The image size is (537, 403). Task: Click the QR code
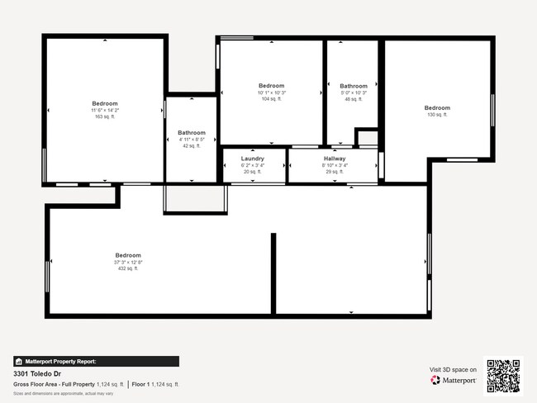pos(503,376)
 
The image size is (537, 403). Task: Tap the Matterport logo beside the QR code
pos(454,381)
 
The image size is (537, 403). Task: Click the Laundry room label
pos(253,159)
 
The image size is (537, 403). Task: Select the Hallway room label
pos(335,159)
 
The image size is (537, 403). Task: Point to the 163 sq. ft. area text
pos(105,116)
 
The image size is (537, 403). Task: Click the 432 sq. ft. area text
pos(128,268)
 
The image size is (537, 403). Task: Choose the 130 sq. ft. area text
pos(437,115)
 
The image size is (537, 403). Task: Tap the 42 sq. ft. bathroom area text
pos(192,145)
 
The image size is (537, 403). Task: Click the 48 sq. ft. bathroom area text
pos(354,99)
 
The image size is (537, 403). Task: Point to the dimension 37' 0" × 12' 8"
pos(128,262)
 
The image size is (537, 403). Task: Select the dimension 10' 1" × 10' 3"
pos(271,92)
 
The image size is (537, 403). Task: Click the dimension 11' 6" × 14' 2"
pos(105,110)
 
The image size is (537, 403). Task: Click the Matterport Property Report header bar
pos(96,361)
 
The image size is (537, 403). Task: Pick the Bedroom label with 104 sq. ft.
pos(271,86)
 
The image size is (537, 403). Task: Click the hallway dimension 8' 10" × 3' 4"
pos(335,165)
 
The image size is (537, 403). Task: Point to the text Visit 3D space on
pos(453,369)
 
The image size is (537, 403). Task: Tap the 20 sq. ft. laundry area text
pos(253,172)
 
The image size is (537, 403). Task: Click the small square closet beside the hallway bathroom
pos(367,138)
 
